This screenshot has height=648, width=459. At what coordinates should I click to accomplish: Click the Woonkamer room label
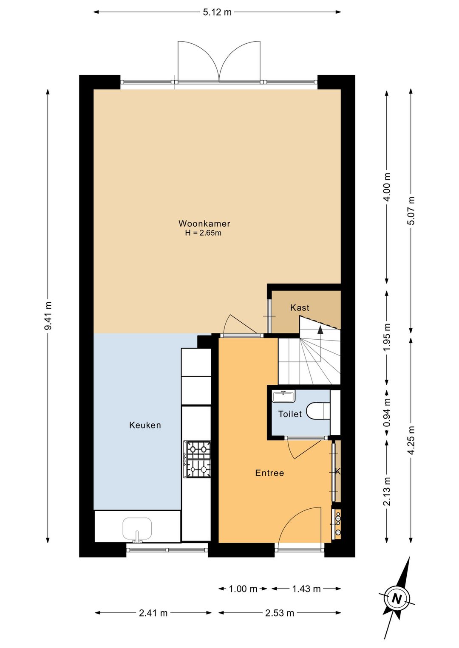(x=204, y=223)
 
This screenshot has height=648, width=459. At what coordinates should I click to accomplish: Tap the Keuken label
(x=145, y=425)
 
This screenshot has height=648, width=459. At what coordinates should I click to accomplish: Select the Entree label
(x=269, y=473)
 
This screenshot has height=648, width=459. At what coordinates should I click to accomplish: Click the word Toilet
(x=290, y=414)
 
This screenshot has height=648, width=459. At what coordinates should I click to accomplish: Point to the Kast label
(x=300, y=307)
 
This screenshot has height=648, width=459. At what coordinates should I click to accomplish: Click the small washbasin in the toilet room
(x=283, y=396)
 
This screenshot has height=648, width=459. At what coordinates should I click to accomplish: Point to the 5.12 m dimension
(x=217, y=12)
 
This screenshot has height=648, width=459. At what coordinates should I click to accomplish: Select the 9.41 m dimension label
(x=48, y=316)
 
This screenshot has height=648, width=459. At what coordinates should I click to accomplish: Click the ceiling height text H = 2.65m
(x=203, y=233)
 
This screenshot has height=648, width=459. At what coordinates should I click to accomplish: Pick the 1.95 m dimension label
(x=387, y=337)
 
